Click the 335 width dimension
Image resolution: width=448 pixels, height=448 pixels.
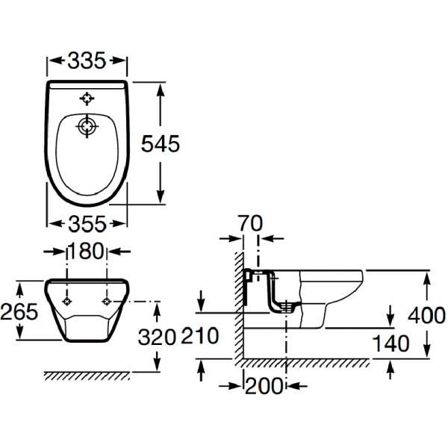(x=87, y=60)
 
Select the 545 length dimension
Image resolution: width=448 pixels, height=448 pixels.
(x=161, y=143)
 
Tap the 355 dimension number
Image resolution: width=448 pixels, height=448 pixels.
(x=87, y=224)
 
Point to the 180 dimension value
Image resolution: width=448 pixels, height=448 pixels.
(x=87, y=251)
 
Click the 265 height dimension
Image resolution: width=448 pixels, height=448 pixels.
(x=19, y=311)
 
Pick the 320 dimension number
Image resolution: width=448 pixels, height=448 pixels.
(x=157, y=337)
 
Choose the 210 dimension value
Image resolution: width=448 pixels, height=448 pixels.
(x=200, y=336)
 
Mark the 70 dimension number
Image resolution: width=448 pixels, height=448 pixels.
(x=250, y=223)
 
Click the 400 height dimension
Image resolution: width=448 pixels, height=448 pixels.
(x=426, y=315)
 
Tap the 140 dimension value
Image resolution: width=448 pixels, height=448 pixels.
(x=391, y=343)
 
